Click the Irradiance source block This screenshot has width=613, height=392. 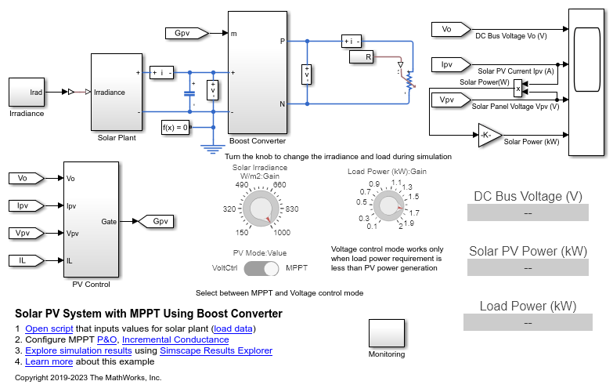[x=27, y=93]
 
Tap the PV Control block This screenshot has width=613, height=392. [x=91, y=220]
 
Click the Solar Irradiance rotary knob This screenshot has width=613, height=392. [x=256, y=209]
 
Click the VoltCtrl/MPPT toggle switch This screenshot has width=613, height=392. [x=261, y=268]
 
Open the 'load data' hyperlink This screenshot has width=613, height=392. [x=233, y=328]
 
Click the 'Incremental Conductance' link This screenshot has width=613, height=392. [x=175, y=339]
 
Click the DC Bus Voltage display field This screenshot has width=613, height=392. [x=527, y=212]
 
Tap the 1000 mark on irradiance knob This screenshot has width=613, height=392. [x=283, y=232]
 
